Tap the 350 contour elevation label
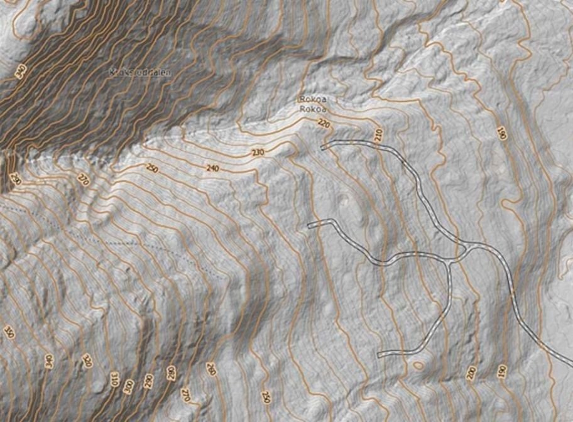[9, 332]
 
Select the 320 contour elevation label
[87, 362]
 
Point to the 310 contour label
[115, 379]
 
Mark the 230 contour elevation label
[258, 153]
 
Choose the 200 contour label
[471, 372]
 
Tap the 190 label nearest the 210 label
[501, 133]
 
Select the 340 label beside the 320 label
[49, 360]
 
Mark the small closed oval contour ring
[418, 364]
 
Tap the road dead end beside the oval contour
[379, 355]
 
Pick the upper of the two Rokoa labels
[312, 99]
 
